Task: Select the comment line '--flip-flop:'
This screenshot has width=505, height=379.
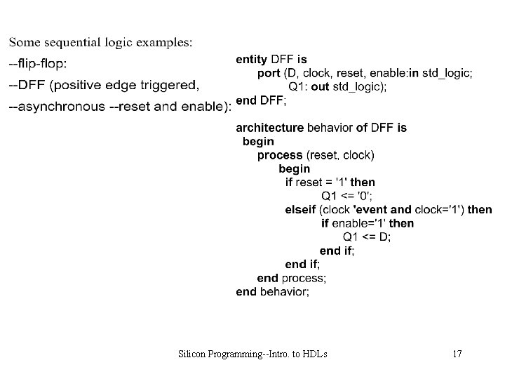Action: (x=38, y=64)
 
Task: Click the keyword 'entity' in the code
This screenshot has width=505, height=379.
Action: (x=252, y=60)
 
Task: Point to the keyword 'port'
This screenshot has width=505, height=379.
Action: (x=269, y=73)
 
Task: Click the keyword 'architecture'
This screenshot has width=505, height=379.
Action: (x=269, y=128)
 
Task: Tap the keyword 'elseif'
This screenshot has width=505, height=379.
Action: (x=300, y=209)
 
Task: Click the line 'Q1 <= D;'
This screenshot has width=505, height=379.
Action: (x=367, y=237)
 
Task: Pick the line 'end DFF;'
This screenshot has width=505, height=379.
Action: (x=261, y=100)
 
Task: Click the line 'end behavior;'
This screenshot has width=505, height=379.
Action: (x=272, y=291)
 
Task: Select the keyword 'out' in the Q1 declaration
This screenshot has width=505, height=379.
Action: (x=319, y=86)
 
